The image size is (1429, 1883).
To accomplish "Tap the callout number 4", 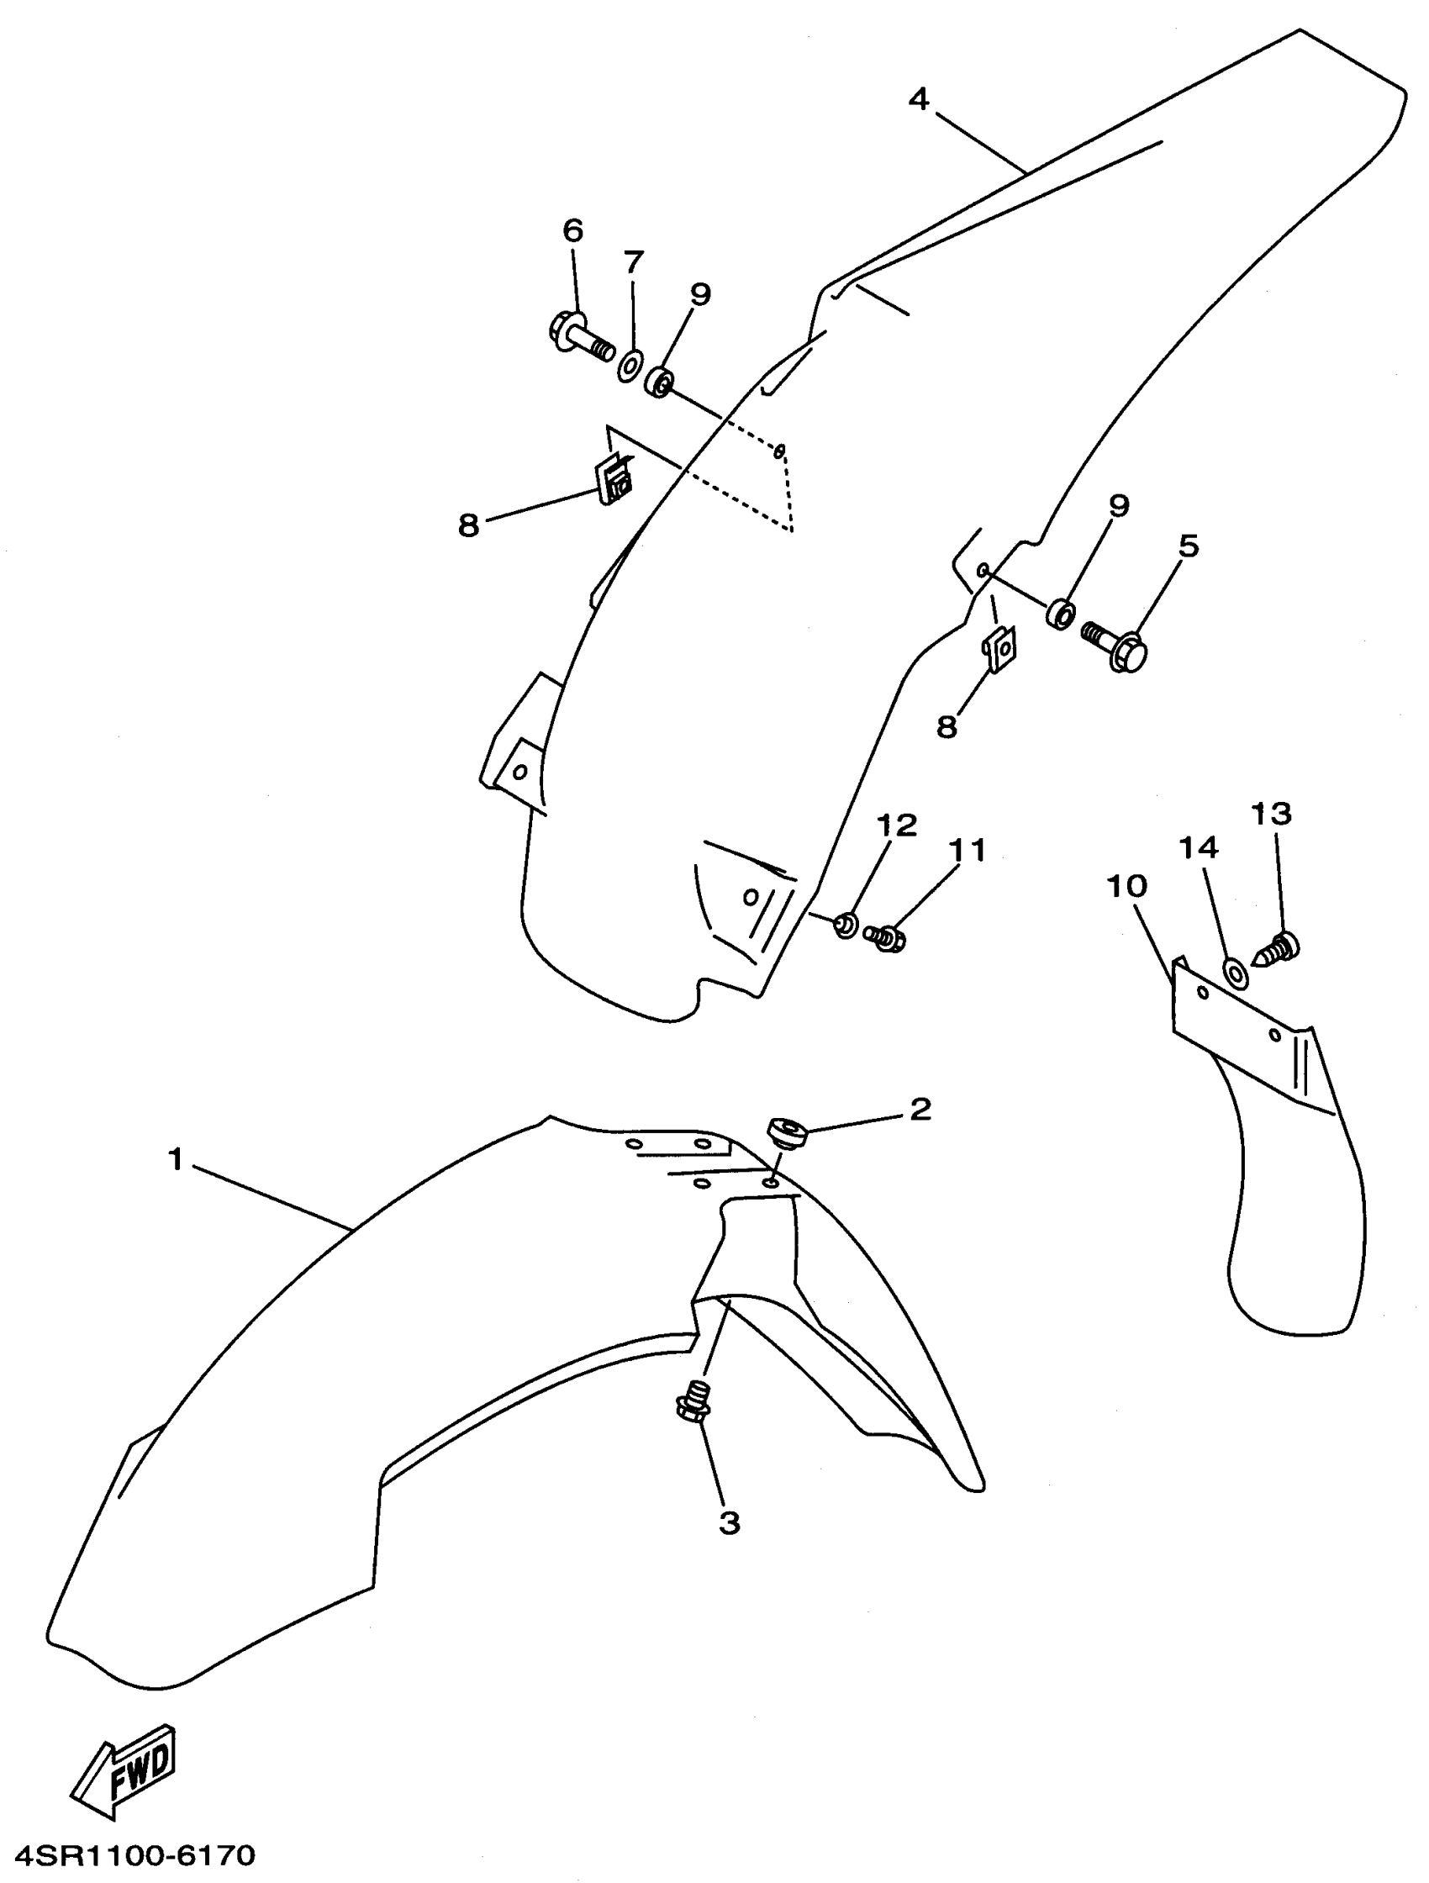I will (918, 99).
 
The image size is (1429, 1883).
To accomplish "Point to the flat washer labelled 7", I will (630, 365).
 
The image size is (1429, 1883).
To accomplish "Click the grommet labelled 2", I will (788, 1133).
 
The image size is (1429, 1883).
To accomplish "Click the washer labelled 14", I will (1236, 971).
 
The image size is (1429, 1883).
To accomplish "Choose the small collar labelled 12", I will (845, 924).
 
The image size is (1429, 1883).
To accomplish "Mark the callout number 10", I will (1126, 886).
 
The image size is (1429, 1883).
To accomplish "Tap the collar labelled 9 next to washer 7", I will (659, 382).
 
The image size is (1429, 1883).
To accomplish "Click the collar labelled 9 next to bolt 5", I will (1060, 613).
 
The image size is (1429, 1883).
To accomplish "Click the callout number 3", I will (730, 1523).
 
